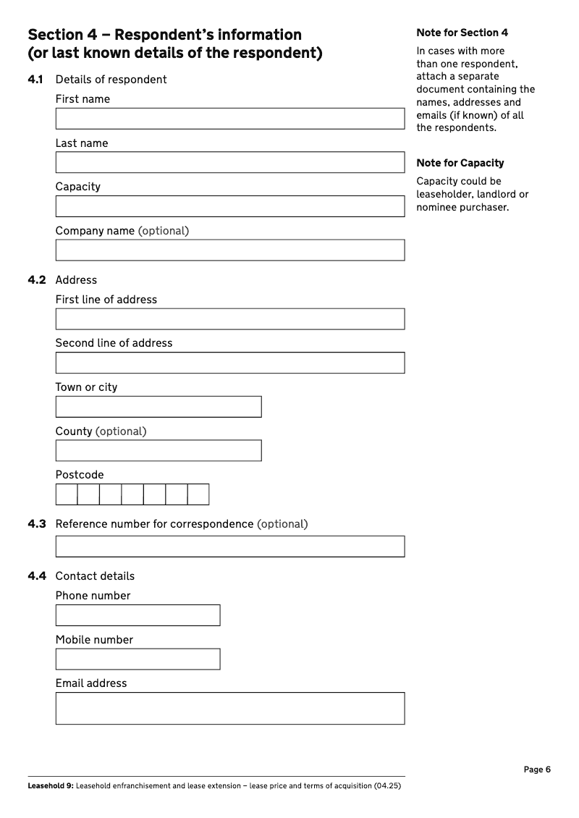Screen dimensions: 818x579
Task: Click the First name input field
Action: pyautogui.click(x=229, y=119)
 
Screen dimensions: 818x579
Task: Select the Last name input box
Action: pyautogui.click(x=229, y=162)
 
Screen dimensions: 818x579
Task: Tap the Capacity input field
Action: pyautogui.click(x=229, y=206)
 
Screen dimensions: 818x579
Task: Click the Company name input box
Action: pyautogui.click(x=229, y=250)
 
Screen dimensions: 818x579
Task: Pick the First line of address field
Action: pyautogui.click(x=229, y=319)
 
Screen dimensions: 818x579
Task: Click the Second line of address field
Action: pyautogui.click(x=229, y=363)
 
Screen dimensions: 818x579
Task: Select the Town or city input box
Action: pyautogui.click(x=158, y=407)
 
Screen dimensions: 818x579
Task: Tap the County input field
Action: pyautogui.click(x=158, y=451)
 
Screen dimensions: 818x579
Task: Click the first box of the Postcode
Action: pyautogui.click(x=67, y=494)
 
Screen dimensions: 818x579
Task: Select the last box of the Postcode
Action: pyautogui.click(x=198, y=494)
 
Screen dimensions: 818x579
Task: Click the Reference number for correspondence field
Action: pyautogui.click(x=229, y=547)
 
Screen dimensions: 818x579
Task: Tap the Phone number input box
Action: pyautogui.click(x=138, y=615)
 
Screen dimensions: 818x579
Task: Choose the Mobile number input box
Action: pyautogui.click(x=138, y=659)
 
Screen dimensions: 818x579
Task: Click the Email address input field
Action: pyautogui.click(x=229, y=708)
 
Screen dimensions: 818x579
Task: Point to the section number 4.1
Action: pyautogui.click(x=36, y=80)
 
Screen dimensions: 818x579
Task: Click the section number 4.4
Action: pyautogui.click(x=36, y=576)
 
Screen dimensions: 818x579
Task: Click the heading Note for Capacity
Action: pyautogui.click(x=460, y=163)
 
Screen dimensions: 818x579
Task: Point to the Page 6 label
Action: pyautogui.click(x=537, y=769)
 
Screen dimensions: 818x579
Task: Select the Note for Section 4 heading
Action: pyautogui.click(x=462, y=33)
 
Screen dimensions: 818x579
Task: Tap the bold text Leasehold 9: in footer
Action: pyautogui.click(x=50, y=785)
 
